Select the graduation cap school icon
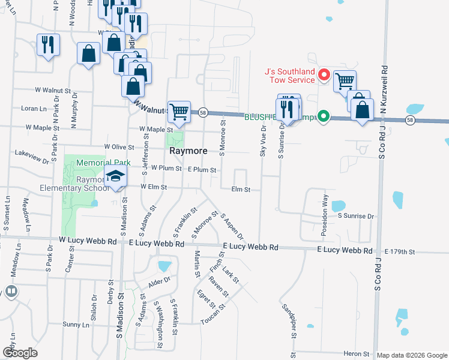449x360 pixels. point(115,177)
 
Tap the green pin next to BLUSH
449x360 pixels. point(324,116)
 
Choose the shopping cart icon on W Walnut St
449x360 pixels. point(179,110)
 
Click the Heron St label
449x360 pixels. point(355,354)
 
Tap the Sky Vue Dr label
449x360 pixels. point(263,142)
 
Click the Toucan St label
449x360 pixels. point(213,314)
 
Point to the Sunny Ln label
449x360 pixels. point(76,325)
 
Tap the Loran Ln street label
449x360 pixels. point(34,109)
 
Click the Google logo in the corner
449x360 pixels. point(20,353)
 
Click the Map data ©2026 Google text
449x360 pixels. point(411,355)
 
